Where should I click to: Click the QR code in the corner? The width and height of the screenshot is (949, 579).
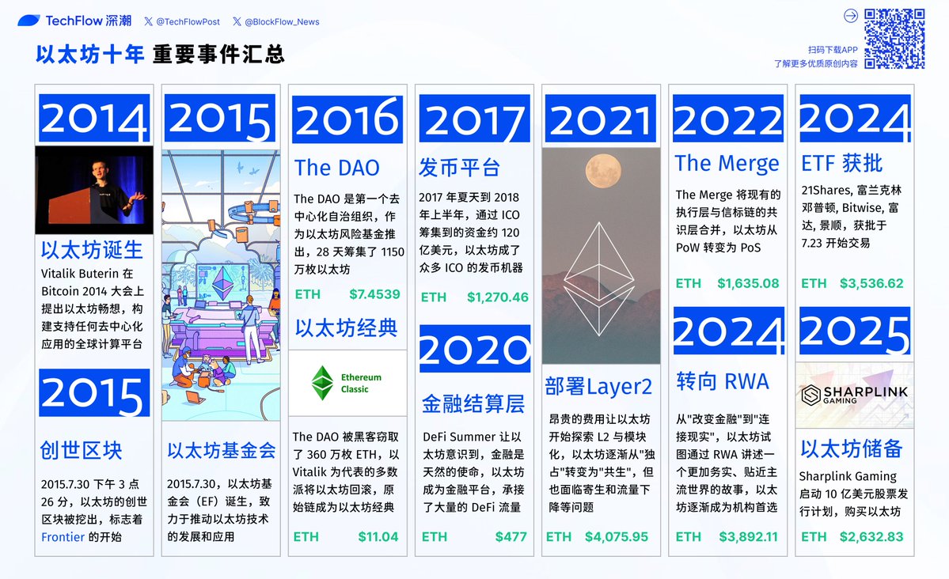[x=894, y=39]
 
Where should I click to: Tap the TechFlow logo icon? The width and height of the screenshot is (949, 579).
[x=28, y=21]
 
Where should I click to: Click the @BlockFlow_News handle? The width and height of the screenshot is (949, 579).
[x=276, y=22]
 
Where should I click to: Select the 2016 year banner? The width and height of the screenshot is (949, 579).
[x=347, y=119]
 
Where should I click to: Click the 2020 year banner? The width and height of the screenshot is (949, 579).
[x=475, y=349]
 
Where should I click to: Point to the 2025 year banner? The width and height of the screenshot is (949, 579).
[x=855, y=331]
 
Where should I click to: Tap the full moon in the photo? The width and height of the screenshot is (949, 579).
[x=603, y=171]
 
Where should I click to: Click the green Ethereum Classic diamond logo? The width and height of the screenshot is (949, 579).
[x=322, y=382]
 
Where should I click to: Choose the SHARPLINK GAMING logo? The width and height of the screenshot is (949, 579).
[x=855, y=395]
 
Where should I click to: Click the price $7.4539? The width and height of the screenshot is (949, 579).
[x=374, y=295]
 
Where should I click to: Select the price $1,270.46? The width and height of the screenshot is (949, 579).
[x=498, y=297]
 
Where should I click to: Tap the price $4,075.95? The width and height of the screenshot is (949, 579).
[x=616, y=536]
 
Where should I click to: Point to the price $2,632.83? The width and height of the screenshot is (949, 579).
[x=871, y=536]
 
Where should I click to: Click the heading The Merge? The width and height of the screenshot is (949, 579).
[x=727, y=164]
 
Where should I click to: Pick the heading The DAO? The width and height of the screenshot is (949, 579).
[x=336, y=168]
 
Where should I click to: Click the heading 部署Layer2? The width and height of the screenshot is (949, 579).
[x=598, y=386]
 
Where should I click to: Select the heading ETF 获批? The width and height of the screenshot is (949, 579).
[x=842, y=164]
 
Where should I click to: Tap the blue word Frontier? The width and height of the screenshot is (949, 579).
[x=63, y=536]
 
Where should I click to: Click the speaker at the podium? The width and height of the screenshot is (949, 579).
[x=112, y=191]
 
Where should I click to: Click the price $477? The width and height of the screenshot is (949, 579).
[x=511, y=536]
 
